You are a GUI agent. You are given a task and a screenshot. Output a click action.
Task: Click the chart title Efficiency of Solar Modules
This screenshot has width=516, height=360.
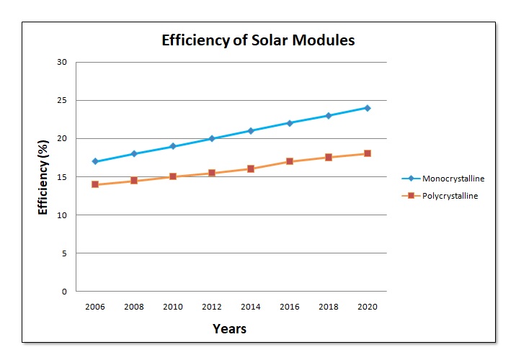(x=258, y=40)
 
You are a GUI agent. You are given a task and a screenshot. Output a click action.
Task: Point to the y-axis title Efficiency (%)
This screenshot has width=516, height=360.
(x=43, y=177)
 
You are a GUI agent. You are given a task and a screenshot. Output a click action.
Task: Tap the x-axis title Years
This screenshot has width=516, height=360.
(x=229, y=329)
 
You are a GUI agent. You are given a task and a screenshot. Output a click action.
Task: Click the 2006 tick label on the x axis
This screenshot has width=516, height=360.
(x=95, y=306)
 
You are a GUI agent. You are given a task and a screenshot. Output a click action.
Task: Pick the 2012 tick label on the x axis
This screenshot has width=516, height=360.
(x=212, y=306)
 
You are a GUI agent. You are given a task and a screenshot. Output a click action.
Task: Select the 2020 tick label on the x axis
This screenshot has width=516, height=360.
(x=367, y=306)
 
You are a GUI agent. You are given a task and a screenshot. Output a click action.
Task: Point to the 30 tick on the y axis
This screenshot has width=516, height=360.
(x=62, y=62)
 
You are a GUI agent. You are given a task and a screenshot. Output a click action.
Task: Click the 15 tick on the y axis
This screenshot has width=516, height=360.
(x=62, y=177)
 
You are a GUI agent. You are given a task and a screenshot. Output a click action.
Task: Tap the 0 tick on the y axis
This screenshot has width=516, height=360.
(x=64, y=292)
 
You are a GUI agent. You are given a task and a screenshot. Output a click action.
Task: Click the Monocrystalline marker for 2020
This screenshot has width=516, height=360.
(x=367, y=108)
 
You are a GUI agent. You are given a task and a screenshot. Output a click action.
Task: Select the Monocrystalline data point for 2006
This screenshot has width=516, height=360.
(x=95, y=161)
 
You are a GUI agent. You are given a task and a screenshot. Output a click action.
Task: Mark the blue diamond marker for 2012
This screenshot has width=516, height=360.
(x=212, y=138)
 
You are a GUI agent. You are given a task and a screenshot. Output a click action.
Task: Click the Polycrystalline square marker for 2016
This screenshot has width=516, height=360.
(x=290, y=161)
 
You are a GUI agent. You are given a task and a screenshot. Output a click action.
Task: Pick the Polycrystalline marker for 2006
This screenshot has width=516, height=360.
(x=95, y=184)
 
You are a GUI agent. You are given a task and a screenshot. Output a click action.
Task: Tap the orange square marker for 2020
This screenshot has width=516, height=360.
(x=367, y=153)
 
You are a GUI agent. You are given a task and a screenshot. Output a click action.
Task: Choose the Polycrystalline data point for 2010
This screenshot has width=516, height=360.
(x=173, y=176)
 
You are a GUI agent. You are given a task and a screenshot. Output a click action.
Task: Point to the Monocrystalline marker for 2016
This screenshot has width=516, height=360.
(x=290, y=123)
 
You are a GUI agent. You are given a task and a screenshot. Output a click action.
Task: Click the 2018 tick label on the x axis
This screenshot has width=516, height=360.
(x=329, y=306)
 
